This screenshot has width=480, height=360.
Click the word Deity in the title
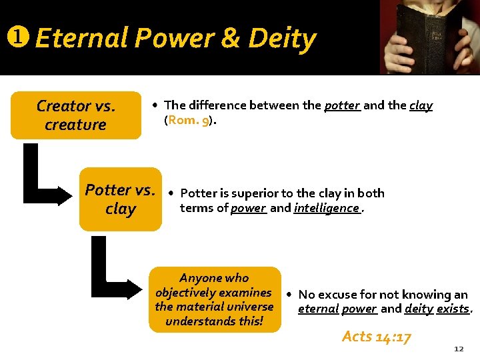point(282,39)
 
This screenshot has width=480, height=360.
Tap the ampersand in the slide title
point(231,39)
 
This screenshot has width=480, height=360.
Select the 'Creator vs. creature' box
point(75,115)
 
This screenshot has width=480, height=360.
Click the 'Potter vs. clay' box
point(121,199)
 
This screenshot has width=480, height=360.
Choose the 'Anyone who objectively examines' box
point(214,299)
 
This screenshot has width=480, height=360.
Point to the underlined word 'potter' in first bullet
point(342,105)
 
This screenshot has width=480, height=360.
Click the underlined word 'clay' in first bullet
point(420,105)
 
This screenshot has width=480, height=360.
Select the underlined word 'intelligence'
point(327,208)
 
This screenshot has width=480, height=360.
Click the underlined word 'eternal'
point(317,309)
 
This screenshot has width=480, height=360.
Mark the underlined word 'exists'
point(453,309)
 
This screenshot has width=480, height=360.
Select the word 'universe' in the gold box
point(251,307)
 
